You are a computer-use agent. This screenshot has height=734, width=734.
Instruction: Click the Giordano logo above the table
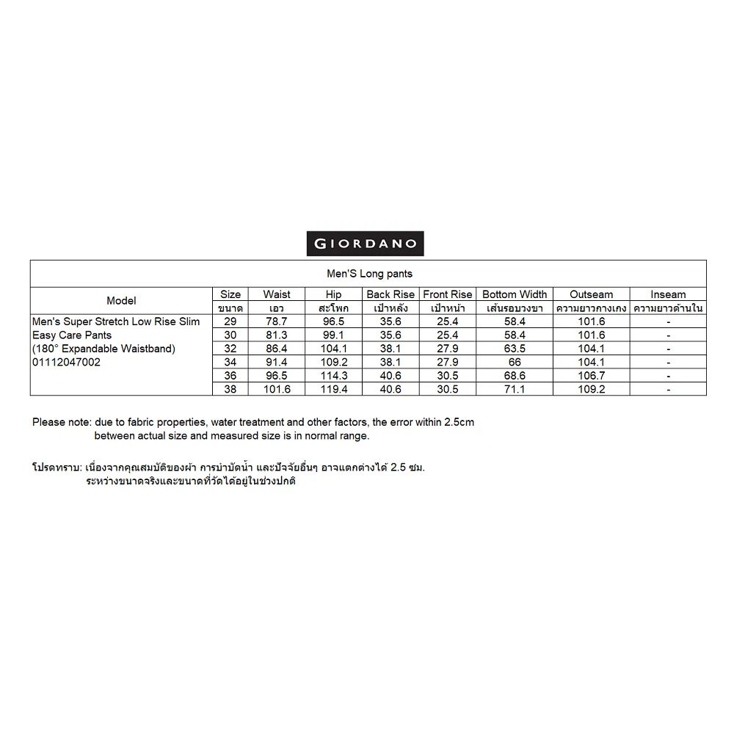(x=365, y=244)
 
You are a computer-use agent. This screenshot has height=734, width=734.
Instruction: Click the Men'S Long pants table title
(x=369, y=274)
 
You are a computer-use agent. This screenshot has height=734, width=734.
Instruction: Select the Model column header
(x=121, y=301)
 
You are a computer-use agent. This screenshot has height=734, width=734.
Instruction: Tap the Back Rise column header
(x=390, y=294)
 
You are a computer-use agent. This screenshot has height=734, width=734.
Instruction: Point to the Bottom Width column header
(x=515, y=294)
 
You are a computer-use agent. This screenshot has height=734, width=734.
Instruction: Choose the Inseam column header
(x=668, y=294)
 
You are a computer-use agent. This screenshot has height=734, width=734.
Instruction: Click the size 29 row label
(x=230, y=322)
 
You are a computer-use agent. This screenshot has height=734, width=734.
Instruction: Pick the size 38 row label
(x=230, y=390)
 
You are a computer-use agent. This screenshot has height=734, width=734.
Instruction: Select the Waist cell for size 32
(x=277, y=349)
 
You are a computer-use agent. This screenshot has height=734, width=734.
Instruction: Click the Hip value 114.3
(x=333, y=376)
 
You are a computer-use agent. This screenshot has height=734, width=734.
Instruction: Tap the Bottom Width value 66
(x=515, y=363)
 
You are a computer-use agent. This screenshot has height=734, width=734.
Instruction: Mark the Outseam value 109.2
(x=592, y=390)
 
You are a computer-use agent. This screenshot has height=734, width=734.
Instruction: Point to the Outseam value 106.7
(x=592, y=376)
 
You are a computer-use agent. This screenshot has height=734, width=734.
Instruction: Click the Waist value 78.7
(x=277, y=322)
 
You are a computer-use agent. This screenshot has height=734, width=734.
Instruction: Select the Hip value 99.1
(x=333, y=335)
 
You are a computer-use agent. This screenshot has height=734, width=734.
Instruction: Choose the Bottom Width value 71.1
(x=515, y=390)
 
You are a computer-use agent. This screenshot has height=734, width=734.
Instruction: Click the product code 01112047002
(x=67, y=363)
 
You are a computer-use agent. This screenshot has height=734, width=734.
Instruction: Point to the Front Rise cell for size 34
(x=447, y=363)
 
